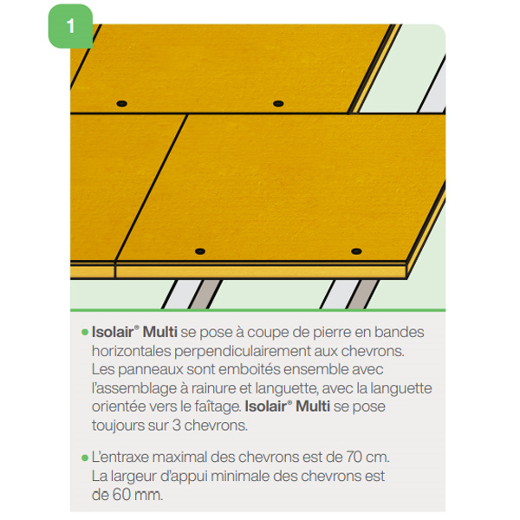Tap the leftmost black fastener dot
coord(120,103)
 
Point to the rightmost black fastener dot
coord(356,251)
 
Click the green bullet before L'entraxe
coord(84,456)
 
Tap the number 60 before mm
coord(126,495)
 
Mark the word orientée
coord(119,406)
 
